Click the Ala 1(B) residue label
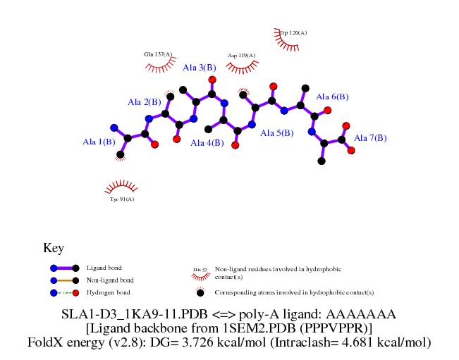pyautogui.click(x=99, y=142)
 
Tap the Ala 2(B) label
pyautogui.click(x=144, y=102)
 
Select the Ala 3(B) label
pyautogui.click(x=199, y=68)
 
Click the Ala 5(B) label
pyautogui.click(x=277, y=132)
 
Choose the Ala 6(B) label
pyautogui.click(x=332, y=97)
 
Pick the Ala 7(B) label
pyautogui.click(x=370, y=138)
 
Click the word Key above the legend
pyautogui.click(x=54, y=248)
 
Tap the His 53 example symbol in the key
pyautogui.click(x=200, y=270)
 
